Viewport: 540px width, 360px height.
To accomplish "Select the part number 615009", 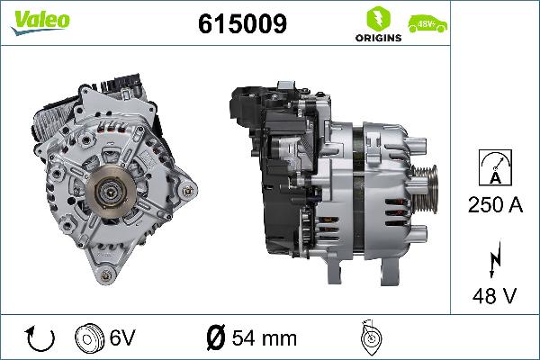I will click(242, 25).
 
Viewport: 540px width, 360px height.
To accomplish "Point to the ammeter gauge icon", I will click(495, 168).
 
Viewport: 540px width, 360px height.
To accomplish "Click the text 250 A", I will click(495, 205).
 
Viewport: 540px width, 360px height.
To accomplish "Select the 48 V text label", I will click(495, 294).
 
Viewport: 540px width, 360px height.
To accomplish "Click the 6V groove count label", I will click(122, 339).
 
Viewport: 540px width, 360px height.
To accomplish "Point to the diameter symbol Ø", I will click(215, 339).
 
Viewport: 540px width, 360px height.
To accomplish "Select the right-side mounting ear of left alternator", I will click(186, 191).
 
